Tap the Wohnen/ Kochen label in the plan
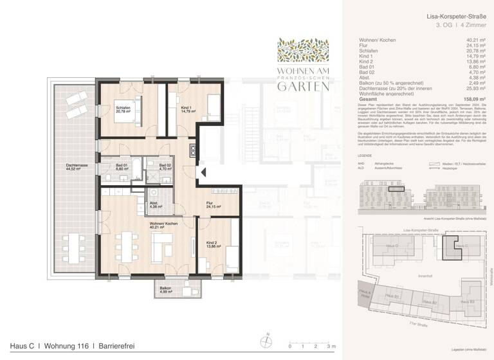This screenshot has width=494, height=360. point(163,224)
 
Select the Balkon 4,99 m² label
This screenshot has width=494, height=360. point(165,289)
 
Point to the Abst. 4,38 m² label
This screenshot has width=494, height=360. point(156,205)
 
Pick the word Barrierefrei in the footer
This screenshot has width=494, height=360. point(116,346)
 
